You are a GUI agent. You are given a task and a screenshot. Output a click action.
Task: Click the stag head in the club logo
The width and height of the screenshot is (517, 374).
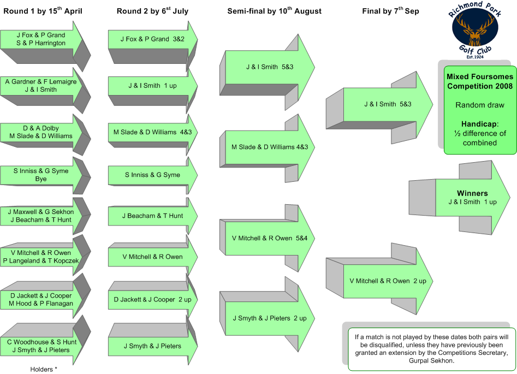pos(475,31)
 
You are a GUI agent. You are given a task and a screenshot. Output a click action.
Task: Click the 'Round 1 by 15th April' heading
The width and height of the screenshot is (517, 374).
pos(43,11)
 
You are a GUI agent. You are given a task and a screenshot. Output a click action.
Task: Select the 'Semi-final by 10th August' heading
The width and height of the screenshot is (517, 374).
pos(274,11)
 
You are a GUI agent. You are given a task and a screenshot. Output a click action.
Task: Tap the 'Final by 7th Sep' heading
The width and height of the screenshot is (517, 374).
pos(391,11)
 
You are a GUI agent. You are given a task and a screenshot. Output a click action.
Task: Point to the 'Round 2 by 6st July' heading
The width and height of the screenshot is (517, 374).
pos(153,11)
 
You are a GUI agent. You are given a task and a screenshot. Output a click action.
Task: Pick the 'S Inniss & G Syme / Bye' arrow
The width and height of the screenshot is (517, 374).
pos(45,175)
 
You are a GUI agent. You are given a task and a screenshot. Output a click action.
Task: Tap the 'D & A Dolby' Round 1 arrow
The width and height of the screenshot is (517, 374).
pos(45,134)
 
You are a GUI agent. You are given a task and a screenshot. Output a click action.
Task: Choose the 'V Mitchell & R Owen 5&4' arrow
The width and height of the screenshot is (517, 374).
pos(268,238)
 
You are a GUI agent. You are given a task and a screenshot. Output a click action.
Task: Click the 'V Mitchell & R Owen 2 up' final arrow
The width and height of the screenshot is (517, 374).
pos(379,279)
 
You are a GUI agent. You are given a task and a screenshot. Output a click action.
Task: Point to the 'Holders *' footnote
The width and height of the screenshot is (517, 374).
pos(44,370)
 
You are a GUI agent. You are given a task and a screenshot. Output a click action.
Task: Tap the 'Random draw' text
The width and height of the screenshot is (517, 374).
pos(480,105)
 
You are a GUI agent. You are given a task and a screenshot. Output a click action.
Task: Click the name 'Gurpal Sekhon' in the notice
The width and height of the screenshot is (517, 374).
pos(431,361)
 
